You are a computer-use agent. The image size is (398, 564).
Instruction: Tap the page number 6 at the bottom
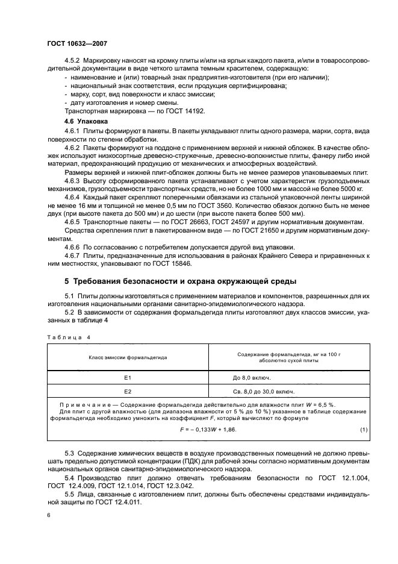tap(49, 516)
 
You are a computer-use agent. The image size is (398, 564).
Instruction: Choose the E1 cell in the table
tap(127, 377)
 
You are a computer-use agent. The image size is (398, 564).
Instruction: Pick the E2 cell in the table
tap(127, 390)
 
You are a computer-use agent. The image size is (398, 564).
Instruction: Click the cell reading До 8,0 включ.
tap(252, 377)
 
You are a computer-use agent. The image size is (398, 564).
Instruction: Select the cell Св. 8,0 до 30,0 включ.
tap(264, 390)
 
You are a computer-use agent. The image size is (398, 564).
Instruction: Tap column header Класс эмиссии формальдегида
tap(128, 357)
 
